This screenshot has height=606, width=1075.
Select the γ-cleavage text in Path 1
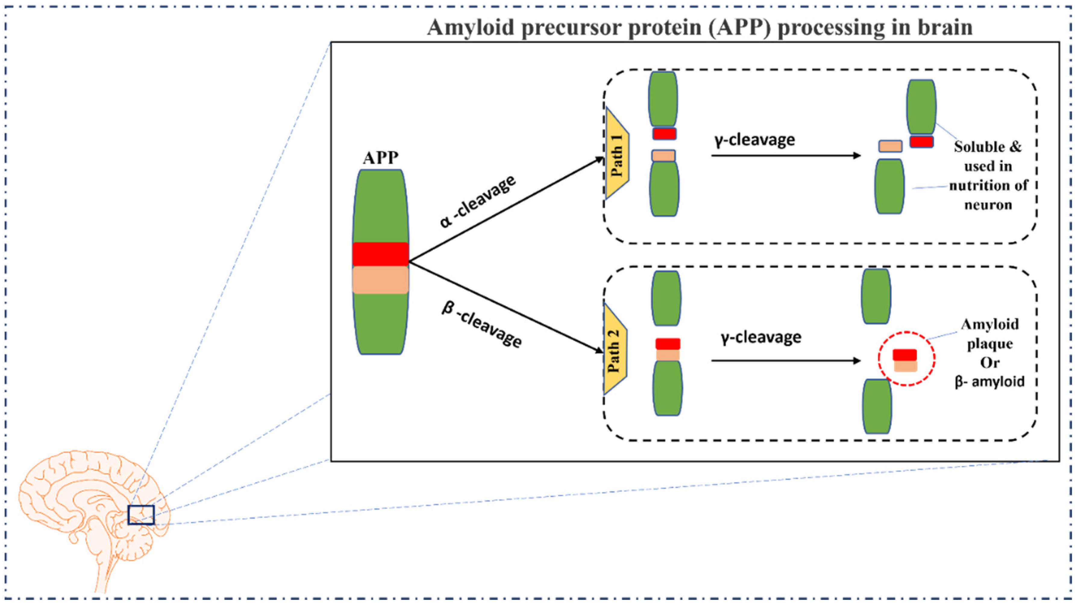tap(754, 140)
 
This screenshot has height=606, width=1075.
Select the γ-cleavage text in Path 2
tap(761, 337)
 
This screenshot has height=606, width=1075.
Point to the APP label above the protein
tap(380, 158)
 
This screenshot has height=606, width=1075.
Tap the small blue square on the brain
tap(141, 515)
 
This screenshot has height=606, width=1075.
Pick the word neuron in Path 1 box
tap(988, 205)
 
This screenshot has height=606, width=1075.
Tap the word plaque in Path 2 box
tap(990, 344)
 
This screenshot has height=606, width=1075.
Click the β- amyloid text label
tap(989, 381)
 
